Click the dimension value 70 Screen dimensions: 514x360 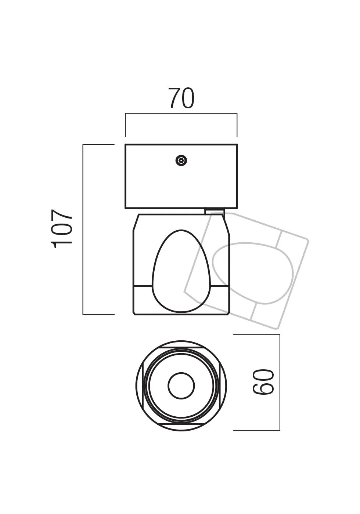pos(181,98)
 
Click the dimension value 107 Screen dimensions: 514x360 pos(62,229)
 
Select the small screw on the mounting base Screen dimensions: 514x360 pos(181,160)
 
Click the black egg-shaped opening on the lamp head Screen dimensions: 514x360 pos(181,272)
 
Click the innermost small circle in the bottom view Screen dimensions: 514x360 pos(181,386)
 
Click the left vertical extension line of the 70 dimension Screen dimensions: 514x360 pos(126,125)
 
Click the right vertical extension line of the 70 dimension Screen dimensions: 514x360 pos(237,125)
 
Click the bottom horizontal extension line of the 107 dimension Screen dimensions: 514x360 pos(98,314)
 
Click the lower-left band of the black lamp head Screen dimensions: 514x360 pos(143,299)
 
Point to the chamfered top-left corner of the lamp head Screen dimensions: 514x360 pos(136,222)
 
